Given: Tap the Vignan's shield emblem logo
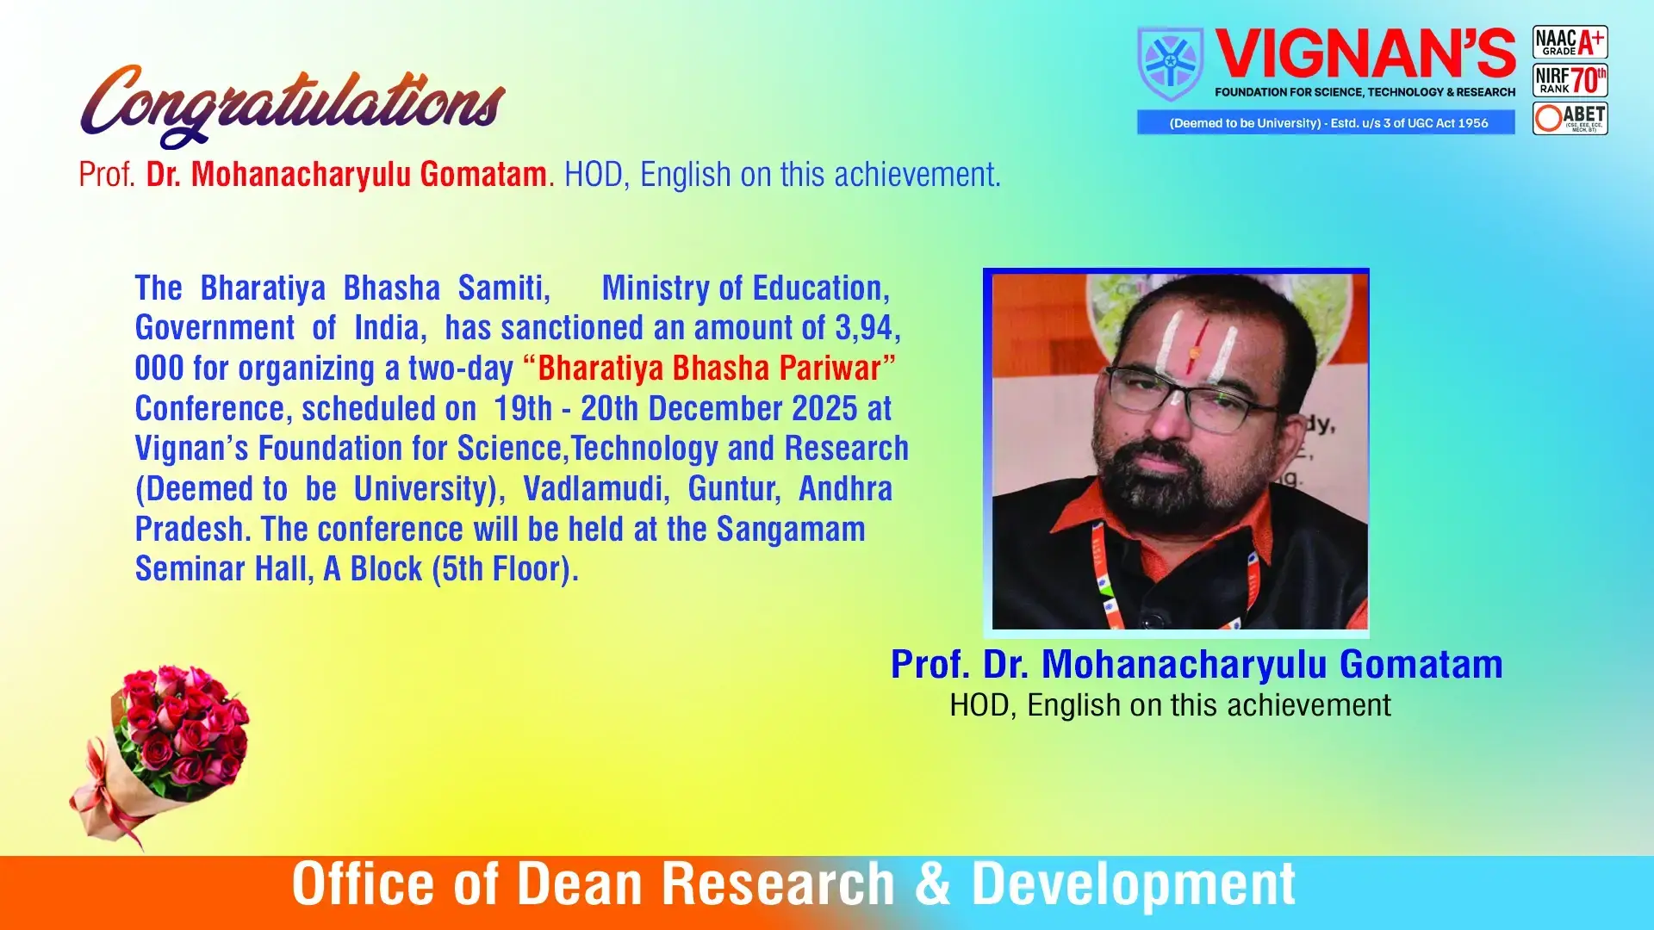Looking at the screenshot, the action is [x=1171, y=64].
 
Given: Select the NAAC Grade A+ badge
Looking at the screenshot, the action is [x=1570, y=42].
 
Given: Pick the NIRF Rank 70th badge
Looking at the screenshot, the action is [x=1570, y=80].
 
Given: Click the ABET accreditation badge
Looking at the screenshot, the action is [x=1570, y=118].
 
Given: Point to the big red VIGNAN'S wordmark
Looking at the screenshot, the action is [x=1365, y=54].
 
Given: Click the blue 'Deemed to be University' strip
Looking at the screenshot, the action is [x=1326, y=122].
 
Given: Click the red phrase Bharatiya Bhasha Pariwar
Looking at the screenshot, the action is [x=709, y=369].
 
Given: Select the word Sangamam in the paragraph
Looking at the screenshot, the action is [x=791, y=529].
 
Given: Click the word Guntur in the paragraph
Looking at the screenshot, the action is [x=734, y=489].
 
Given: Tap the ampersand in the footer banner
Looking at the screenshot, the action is [x=933, y=884].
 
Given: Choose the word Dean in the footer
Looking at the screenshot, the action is [x=579, y=884].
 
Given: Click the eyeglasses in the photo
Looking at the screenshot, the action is [x=1193, y=397].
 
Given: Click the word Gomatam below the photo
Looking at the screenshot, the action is [x=1421, y=664].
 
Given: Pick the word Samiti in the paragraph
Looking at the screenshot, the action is [x=504, y=288].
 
